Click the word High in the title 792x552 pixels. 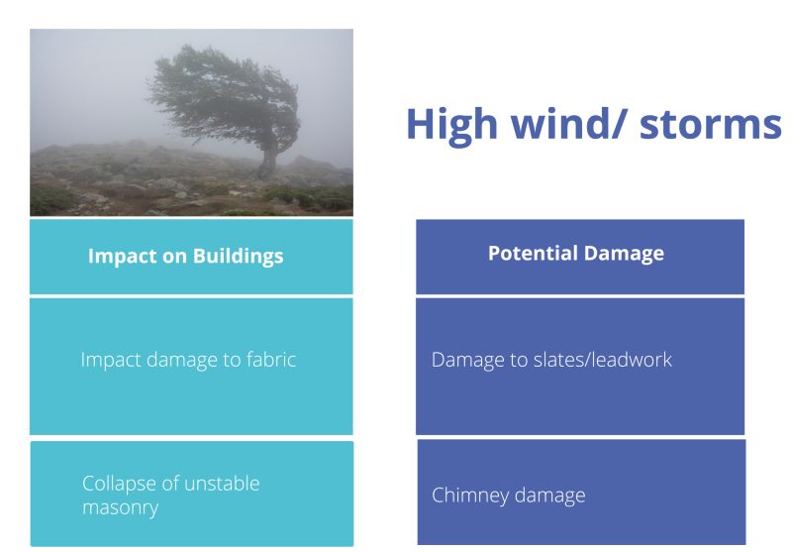click(452, 125)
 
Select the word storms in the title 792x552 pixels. click(710, 124)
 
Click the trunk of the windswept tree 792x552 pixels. click(267, 156)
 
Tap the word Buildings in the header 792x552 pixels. click(238, 257)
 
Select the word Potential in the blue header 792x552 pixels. click(530, 253)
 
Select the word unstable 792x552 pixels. click(222, 484)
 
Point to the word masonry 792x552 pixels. click(120, 507)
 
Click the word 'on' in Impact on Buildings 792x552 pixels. click(174, 258)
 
